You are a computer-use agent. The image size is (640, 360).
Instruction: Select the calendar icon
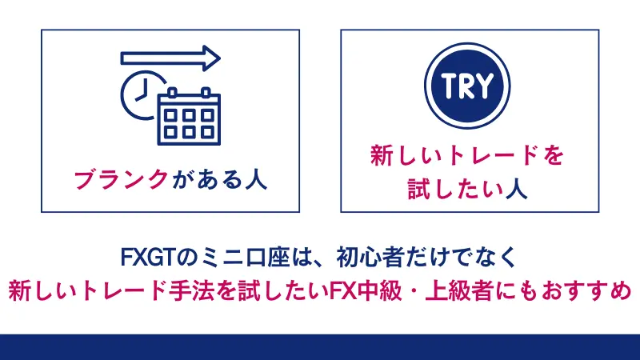coord(187,115)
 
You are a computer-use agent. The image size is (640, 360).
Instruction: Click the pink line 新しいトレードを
coord(469,156)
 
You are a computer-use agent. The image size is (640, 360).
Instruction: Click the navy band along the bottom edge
coord(320,347)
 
